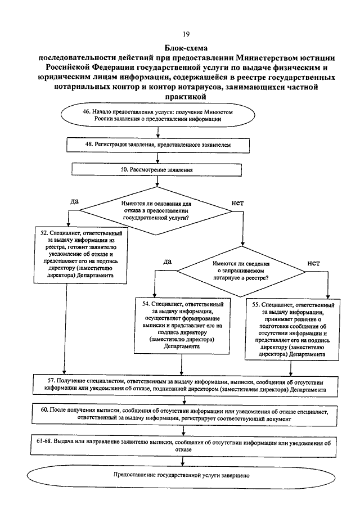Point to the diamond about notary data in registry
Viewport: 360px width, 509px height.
240,271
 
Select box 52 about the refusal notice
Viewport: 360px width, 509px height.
78,253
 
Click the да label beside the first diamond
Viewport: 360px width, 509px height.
74,201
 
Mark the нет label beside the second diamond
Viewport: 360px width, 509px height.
314,262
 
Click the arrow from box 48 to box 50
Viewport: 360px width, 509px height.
160,157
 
